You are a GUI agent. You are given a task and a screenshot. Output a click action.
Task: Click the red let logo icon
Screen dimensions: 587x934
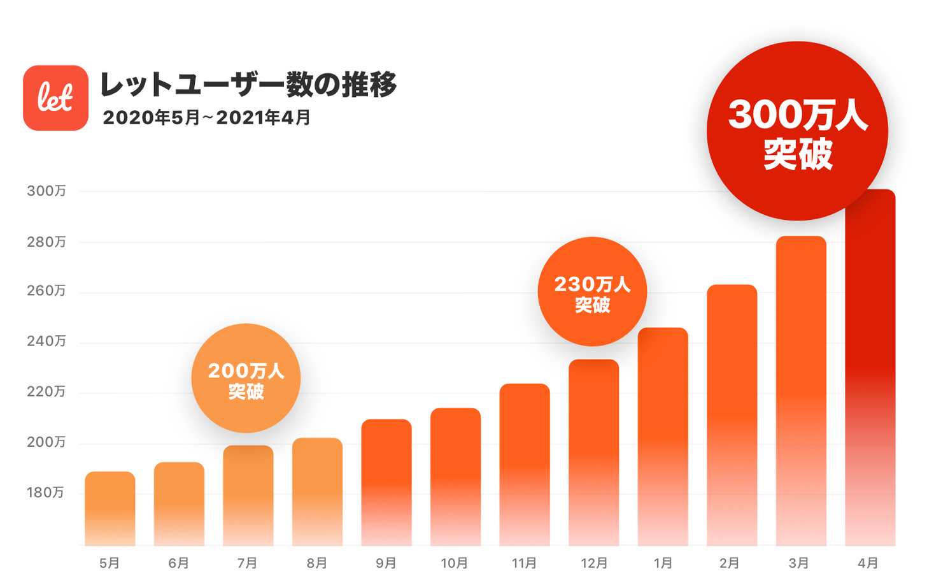pyautogui.click(x=55, y=98)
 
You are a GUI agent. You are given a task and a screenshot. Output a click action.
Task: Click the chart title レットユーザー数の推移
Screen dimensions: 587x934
pyautogui.click(x=248, y=85)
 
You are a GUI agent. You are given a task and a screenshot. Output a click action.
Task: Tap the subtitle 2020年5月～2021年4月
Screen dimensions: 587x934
pyautogui.click(x=206, y=118)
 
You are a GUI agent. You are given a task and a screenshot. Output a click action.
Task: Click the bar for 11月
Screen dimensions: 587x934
pyautogui.click(x=525, y=465)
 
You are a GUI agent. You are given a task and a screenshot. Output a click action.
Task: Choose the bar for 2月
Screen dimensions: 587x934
pyautogui.click(x=732, y=415)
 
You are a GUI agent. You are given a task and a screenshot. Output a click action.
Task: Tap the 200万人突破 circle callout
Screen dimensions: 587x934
pyautogui.click(x=246, y=379)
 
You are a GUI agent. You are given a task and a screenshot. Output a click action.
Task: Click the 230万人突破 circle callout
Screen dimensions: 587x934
pyautogui.click(x=592, y=292)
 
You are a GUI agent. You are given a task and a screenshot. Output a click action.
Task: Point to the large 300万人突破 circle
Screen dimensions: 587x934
pyautogui.click(x=797, y=132)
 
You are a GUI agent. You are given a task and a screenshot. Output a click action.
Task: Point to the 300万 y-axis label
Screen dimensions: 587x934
pyautogui.click(x=46, y=191)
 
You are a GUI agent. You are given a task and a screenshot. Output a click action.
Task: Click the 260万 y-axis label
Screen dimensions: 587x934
pyautogui.click(x=46, y=291)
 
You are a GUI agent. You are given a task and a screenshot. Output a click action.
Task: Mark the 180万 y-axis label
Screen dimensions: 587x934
pyautogui.click(x=45, y=493)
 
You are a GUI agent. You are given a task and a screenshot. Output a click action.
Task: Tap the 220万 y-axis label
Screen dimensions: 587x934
pyautogui.click(x=46, y=392)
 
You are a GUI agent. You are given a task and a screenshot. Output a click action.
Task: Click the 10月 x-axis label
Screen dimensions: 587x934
pyautogui.click(x=455, y=563)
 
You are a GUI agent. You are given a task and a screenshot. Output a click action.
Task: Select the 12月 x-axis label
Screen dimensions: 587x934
pyautogui.click(x=593, y=563)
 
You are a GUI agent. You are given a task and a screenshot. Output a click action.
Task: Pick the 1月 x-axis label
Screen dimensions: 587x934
pyautogui.click(x=663, y=563)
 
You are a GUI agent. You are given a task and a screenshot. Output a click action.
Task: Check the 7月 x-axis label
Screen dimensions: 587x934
pyautogui.click(x=248, y=563)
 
